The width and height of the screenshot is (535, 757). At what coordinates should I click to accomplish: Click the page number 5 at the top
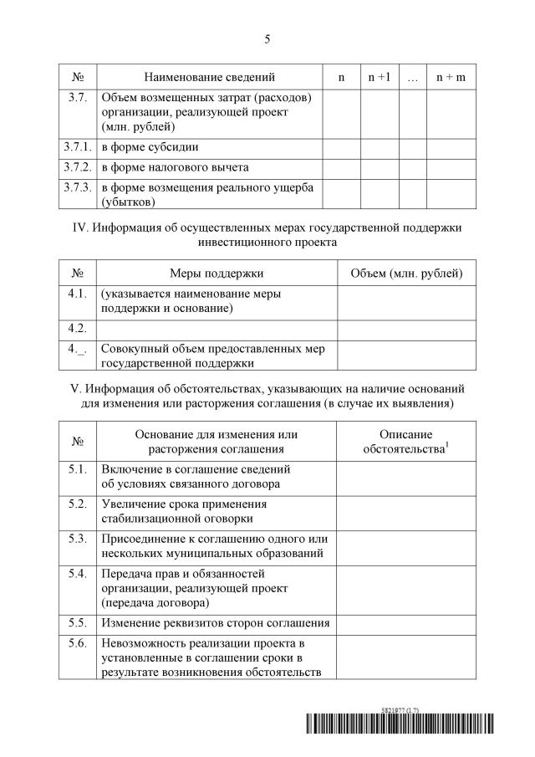(x=267, y=38)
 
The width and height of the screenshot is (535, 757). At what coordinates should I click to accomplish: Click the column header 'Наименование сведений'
(x=209, y=77)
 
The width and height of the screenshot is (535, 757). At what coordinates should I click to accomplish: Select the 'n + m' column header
(x=451, y=77)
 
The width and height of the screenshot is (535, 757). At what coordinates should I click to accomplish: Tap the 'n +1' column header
(x=380, y=77)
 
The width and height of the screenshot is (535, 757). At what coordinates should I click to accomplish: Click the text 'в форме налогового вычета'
(x=175, y=167)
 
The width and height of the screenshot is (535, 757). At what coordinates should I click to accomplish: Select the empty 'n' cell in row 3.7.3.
(x=341, y=194)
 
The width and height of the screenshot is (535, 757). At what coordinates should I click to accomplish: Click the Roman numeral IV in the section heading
(x=79, y=228)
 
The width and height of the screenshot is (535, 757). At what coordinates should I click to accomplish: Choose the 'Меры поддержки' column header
(x=217, y=274)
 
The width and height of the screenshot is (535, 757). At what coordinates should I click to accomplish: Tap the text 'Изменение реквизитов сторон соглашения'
(x=215, y=623)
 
